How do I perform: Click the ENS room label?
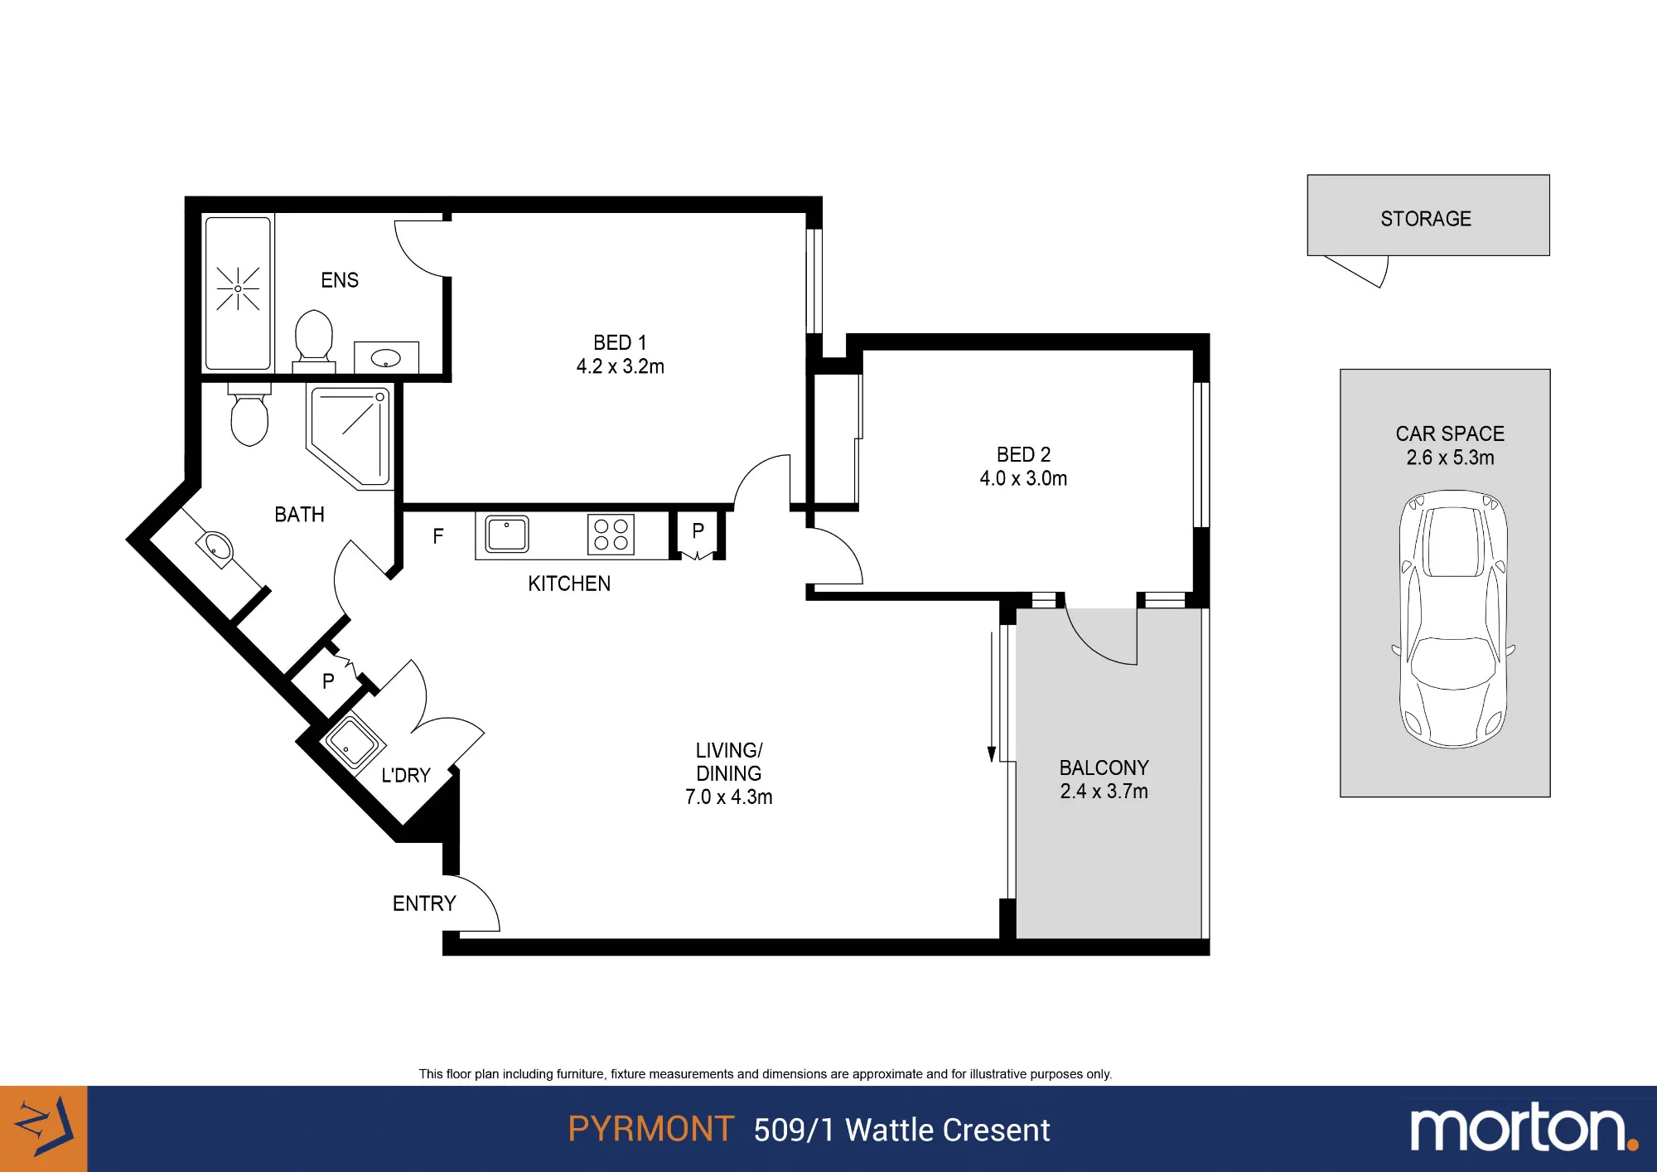coord(340,280)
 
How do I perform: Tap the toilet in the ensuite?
coord(314,340)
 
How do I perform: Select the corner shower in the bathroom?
coord(349,436)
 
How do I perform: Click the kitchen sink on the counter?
coord(507,534)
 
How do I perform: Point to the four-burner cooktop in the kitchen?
coord(611,535)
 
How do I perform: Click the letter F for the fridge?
coord(438,536)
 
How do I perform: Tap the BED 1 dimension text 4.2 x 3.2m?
coord(621,366)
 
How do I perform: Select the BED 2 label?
coord(1023,455)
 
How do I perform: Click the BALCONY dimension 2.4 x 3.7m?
coord(1104,792)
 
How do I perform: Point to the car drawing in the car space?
coord(1453,619)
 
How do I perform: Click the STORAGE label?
coord(1426,219)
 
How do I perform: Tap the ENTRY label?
coord(424,903)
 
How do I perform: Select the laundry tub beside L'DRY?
coord(352,741)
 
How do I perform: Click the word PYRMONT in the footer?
coord(651,1129)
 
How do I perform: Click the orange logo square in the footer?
coord(43,1129)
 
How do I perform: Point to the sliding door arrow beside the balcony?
coord(992,697)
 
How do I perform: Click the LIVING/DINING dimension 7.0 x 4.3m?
coord(729,797)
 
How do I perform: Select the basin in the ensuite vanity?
coord(386,358)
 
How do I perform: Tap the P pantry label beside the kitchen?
coord(698,530)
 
